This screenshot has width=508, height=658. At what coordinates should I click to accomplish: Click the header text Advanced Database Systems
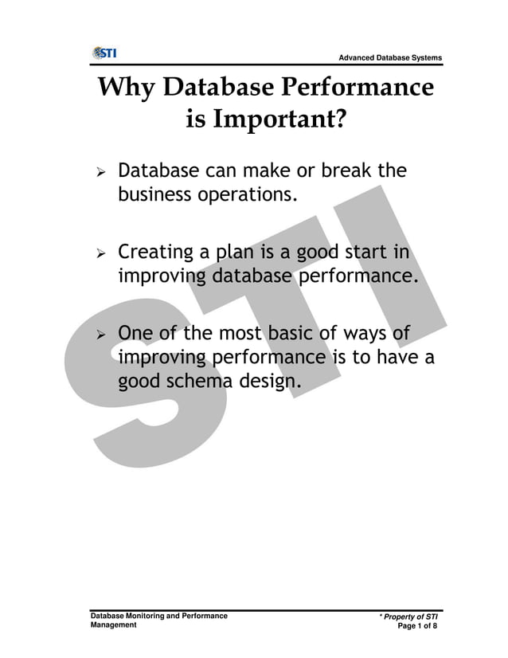click(x=390, y=58)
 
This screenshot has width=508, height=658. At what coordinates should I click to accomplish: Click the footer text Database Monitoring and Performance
click(x=158, y=617)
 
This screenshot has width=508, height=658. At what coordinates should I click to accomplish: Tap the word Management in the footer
click(x=112, y=626)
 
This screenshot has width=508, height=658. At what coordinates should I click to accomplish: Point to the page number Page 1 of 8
click(x=417, y=627)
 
